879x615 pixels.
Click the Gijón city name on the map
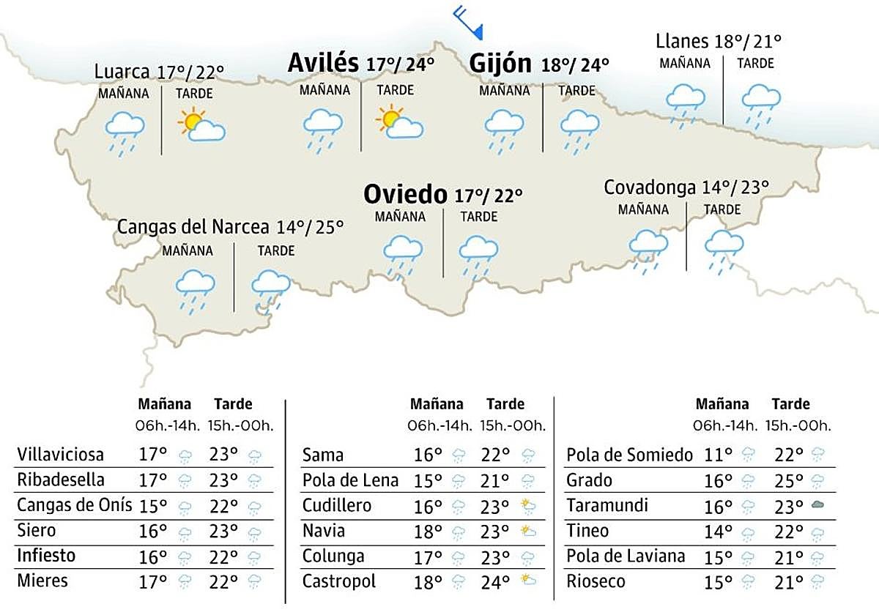[500, 64]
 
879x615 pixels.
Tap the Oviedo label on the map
[405, 194]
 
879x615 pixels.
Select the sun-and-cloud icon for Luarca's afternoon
[201, 125]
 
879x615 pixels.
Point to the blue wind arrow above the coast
[468, 21]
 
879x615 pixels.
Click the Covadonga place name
[649, 187]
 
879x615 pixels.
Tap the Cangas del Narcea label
[193, 227]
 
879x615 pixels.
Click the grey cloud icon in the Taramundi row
[817, 505]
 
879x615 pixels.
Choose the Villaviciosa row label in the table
[60, 455]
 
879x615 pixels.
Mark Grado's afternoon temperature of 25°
[788, 480]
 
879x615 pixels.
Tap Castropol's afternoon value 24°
[495, 581]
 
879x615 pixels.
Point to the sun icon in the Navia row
[526, 531]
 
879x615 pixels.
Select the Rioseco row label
[596, 581]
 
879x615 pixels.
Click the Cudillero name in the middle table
[337, 505]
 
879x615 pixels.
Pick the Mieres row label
[42, 581]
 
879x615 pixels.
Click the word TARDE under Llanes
[755, 64]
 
